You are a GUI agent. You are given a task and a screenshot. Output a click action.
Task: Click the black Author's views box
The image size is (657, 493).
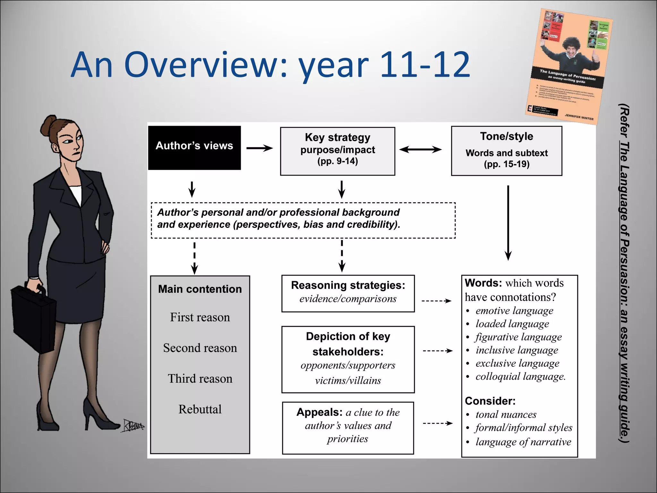(x=194, y=148)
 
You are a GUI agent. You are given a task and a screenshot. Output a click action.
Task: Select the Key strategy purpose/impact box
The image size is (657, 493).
(x=337, y=151)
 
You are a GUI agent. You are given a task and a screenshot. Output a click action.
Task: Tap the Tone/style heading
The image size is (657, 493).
(x=507, y=136)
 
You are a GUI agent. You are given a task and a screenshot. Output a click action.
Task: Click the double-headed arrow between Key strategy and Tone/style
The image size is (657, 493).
(x=420, y=149)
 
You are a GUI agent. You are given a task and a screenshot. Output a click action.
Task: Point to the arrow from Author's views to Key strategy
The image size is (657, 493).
(x=260, y=148)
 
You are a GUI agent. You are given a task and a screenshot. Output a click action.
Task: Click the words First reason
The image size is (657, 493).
(x=200, y=317)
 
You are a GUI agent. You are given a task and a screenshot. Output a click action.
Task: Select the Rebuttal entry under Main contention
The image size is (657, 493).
(x=200, y=409)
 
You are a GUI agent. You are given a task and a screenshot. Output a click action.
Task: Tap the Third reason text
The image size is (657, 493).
(x=200, y=379)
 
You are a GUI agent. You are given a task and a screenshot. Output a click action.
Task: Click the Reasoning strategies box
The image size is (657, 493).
(x=348, y=293)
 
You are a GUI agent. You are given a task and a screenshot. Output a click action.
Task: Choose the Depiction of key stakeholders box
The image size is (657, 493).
(x=348, y=359)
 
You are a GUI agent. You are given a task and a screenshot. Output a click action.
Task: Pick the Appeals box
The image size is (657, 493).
(x=348, y=428)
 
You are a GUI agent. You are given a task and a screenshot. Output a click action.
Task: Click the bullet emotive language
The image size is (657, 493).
(x=514, y=311)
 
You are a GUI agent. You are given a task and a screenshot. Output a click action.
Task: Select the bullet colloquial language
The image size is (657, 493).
(x=520, y=376)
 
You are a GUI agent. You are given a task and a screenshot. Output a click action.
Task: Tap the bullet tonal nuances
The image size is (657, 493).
(x=506, y=415)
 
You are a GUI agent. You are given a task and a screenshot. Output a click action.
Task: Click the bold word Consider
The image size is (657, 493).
(x=490, y=401)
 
